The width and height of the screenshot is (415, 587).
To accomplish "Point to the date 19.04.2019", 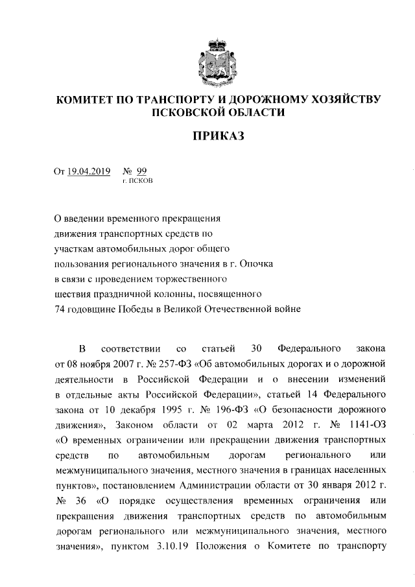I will (x=89, y=171).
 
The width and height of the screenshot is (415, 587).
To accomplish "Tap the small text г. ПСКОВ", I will (x=137, y=182).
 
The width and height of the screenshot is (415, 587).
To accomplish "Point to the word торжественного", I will (x=189, y=280).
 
